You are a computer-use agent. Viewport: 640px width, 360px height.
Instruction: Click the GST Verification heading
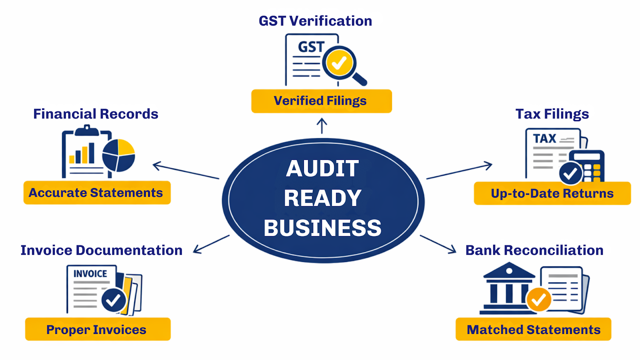click(315, 21)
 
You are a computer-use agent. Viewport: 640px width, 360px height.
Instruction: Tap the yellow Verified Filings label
click(321, 101)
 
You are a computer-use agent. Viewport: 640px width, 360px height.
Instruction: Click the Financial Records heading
click(96, 114)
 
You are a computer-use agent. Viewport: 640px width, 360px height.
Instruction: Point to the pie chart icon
click(118, 155)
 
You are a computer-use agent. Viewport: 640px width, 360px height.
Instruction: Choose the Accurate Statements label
click(97, 193)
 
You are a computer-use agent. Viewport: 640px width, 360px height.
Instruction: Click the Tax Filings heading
click(552, 114)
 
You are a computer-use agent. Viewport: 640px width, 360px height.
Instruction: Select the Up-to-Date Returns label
click(552, 194)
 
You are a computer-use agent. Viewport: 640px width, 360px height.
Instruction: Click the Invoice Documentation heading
click(102, 250)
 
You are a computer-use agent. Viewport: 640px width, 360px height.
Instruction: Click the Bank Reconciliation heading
click(534, 250)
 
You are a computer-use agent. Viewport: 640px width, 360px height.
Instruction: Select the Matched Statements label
click(533, 330)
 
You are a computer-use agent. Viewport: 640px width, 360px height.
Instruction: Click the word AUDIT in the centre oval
click(322, 168)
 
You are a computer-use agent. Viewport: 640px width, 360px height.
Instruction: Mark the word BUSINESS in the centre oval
click(322, 228)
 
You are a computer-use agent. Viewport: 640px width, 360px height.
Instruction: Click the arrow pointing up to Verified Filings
click(322, 126)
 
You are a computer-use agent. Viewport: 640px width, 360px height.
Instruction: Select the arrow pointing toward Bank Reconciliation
click(438, 244)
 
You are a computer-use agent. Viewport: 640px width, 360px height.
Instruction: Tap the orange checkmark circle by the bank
click(539, 299)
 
